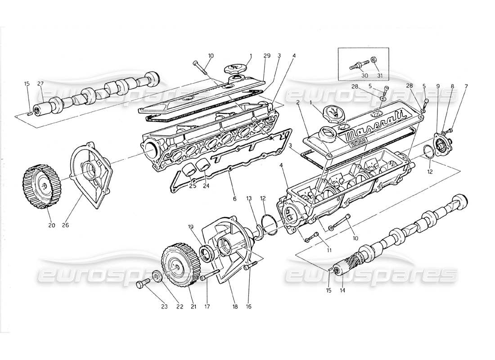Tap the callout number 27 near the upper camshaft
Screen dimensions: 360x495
click(x=40, y=83)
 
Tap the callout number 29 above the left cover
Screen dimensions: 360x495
click(x=267, y=55)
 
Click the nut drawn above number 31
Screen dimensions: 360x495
click(x=373, y=60)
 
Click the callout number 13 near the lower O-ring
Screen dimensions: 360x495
click(x=248, y=198)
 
